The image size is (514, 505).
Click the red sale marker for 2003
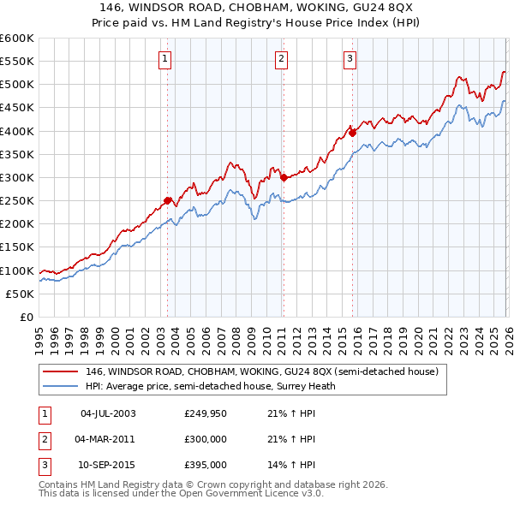click(168, 201)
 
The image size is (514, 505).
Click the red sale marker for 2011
click(284, 178)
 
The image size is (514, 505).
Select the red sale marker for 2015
click(352, 133)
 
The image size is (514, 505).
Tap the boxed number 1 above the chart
click(164, 59)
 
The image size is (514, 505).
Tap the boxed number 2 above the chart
click(281, 59)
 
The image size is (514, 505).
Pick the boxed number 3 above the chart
click(350, 59)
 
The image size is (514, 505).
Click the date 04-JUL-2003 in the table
click(107, 413)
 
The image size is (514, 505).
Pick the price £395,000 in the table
click(205, 465)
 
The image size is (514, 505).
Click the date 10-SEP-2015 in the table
click(107, 465)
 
